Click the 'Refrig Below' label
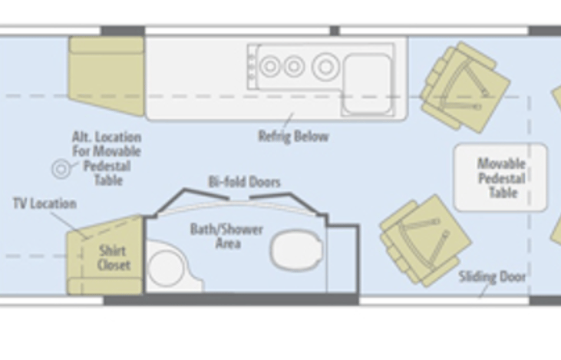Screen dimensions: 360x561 [x=293, y=137]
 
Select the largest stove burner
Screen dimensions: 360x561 [x=325, y=67]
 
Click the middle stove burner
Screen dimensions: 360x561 [x=294, y=67]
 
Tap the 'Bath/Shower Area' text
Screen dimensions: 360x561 [x=227, y=236]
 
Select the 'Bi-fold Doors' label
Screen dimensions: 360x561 [x=244, y=182]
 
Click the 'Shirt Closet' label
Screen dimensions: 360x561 [x=114, y=258]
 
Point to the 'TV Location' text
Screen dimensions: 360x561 [x=45, y=203]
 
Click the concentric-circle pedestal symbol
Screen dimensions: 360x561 [x=61, y=169]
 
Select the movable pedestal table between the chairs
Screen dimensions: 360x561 [x=500, y=177]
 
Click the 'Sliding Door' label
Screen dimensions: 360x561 [x=492, y=276]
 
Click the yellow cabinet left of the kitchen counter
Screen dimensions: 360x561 [x=107, y=74]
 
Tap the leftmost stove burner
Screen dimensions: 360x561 [x=270, y=67]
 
